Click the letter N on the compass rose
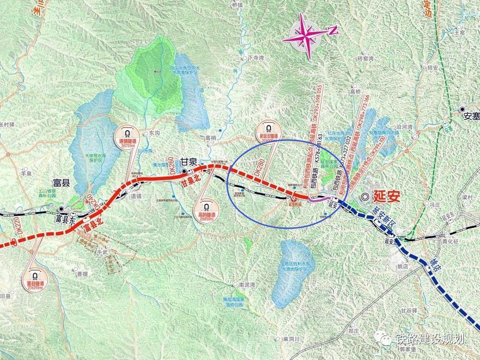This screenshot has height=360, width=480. pos(332,30)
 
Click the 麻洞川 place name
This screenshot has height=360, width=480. pos(292,339)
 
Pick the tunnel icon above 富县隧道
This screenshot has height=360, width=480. pos(35,274)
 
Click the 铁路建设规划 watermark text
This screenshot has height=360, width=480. pos(430,339)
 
